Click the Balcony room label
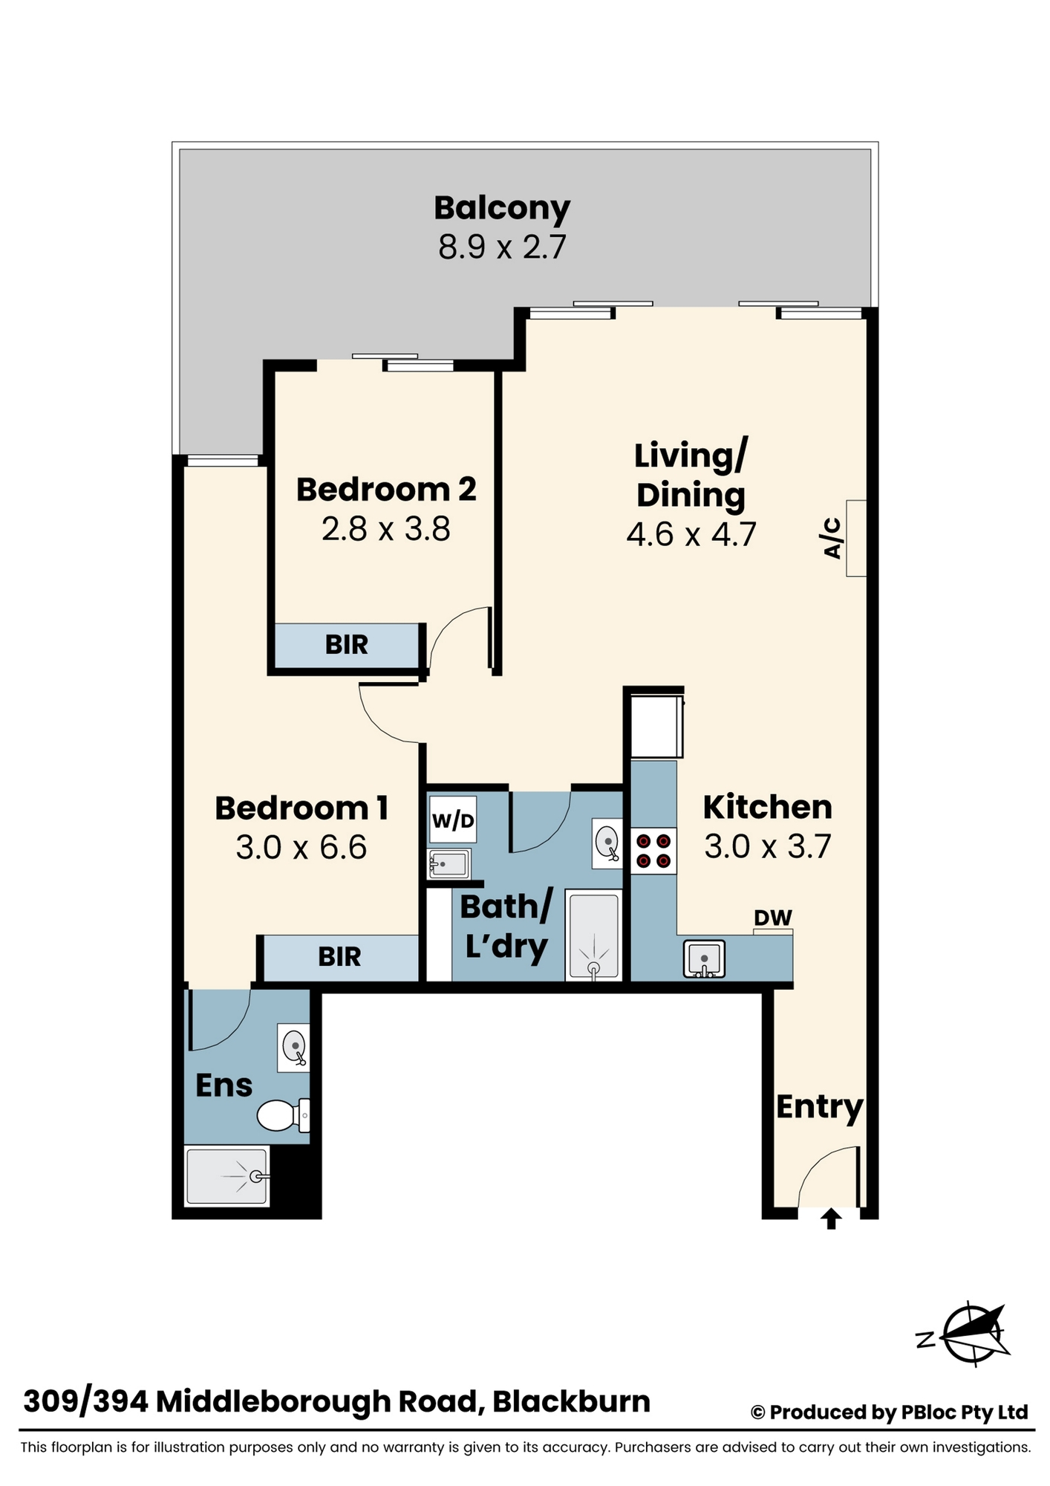coord(502,209)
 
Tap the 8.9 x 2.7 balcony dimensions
coord(502,247)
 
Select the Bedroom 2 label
coord(386,490)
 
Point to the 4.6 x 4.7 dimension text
coord(691,534)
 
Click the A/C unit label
coord(832,538)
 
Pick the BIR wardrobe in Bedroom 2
coord(347,645)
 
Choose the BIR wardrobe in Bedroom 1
coord(340,957)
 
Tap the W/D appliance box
coord(453,820)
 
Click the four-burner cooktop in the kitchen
coord(653,851)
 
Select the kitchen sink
coord(704,959)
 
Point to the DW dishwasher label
coord(773,918)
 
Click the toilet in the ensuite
coord(283,1115)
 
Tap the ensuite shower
coord(226,1176)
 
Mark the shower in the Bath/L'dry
coord(593,935)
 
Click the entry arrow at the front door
coord(831,1219)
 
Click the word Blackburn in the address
coord(571,1401)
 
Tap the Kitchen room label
coord(767,807)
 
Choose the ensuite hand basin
coord(293,1047)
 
